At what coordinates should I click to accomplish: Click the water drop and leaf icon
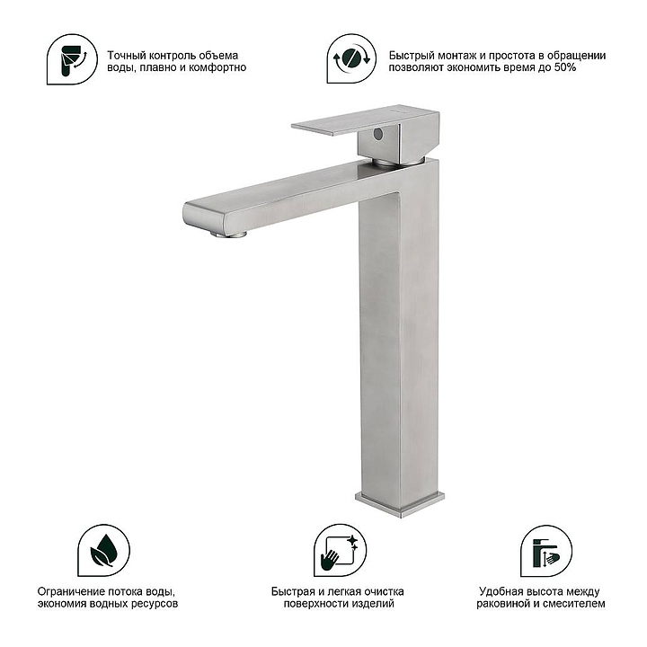[104, 551]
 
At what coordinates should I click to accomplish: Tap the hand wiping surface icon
[340, 551]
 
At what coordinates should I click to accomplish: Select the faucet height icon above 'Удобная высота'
[546, 551]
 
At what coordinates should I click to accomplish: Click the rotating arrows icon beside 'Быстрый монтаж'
[351, 58]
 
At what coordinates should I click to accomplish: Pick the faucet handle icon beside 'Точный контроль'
[72, 59]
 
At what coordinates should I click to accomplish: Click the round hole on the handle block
[377, 133]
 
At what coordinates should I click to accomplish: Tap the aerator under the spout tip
[229, 235]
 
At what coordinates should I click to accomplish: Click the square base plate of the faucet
[399, 503]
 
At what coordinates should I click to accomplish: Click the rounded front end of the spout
[205, 217]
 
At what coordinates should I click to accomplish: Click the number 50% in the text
[565, 67]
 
